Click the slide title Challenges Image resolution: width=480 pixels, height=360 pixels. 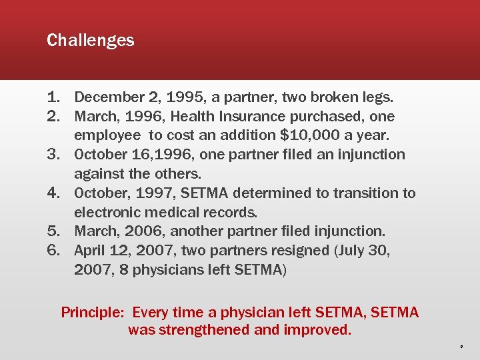point(90,41)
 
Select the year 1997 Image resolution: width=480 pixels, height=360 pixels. point(154,193)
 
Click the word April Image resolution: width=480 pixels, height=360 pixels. point(90,251)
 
